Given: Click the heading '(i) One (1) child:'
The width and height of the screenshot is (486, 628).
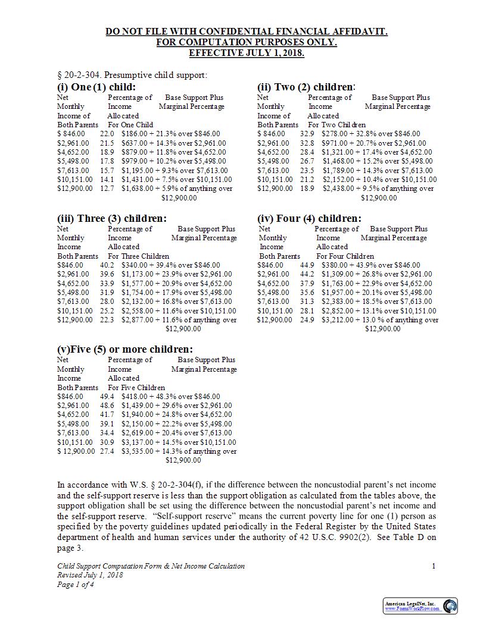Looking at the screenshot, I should point(96,87).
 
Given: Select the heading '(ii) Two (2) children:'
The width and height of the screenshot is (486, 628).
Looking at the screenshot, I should point(306,87).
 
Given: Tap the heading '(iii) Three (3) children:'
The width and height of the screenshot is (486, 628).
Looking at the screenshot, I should point(112,218).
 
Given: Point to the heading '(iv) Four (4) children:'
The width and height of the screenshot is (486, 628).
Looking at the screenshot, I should point(309,218).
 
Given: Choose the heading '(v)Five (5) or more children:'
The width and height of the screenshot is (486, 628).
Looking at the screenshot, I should point(125,349).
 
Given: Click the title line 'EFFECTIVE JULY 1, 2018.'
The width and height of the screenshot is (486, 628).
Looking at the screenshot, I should point(247,53).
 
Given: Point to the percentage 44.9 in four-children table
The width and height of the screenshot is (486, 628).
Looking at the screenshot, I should point(307,265).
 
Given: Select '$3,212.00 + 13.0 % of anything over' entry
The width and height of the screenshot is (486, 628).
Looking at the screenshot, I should point(380,320).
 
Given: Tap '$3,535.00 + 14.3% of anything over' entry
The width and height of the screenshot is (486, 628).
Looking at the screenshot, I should point(179,451).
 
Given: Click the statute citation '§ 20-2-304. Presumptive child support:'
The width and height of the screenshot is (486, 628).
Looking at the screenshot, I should point(132,75).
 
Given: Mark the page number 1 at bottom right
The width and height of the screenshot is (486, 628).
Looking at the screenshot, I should point(434,566).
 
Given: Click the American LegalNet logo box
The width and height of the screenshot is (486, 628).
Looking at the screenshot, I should point(420,605).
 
